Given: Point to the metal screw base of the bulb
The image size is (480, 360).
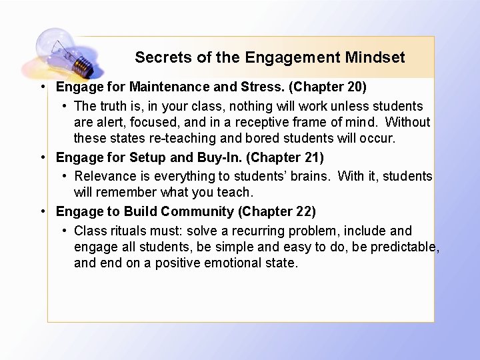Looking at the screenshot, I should tap(82, 65).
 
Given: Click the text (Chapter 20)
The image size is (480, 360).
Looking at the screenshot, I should tap(329, 87).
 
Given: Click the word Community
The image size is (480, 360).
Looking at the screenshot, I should tap(197, 211).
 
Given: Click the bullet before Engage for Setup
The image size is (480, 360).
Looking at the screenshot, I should tap(42, 157).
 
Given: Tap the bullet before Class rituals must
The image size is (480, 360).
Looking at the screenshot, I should tap(64, 231).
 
